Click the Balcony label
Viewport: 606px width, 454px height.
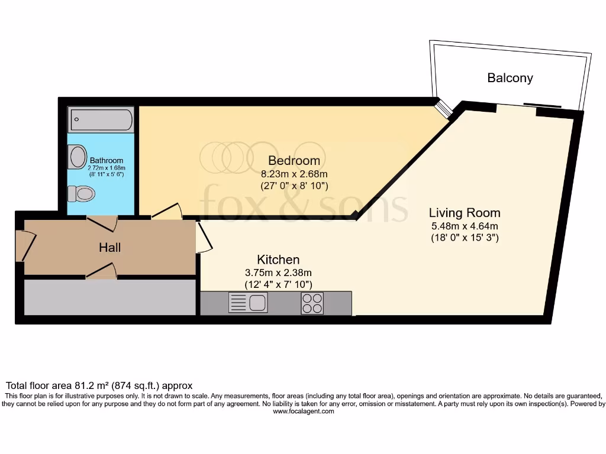coord(510,78)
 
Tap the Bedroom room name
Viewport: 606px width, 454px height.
coord(294,160)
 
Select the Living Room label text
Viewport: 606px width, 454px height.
coord(465,213)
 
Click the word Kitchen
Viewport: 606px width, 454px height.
coord(278,260)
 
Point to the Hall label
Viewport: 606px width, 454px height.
coord(110,247)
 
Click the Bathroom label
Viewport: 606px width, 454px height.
coord(107,160)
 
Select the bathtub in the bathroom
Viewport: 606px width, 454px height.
coord(101,120)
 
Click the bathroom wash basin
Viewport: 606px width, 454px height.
coord(78,157)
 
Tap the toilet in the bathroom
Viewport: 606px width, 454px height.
coord(82,193)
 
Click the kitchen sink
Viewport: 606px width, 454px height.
coord(248,303)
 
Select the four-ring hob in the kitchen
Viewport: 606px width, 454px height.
coord(312,303)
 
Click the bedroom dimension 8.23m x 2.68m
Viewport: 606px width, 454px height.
coord(294,174)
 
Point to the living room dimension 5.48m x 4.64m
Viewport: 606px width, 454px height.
coord(465,226)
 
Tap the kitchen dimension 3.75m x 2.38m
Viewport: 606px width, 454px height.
coord(278,273)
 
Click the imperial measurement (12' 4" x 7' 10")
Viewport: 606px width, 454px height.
coord(278,284)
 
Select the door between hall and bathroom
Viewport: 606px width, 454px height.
coord(102,223)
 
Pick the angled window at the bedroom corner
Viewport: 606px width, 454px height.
coord(443,108)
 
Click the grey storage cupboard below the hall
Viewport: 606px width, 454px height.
coord(109,297)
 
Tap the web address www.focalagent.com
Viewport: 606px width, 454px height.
coord(303,411)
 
